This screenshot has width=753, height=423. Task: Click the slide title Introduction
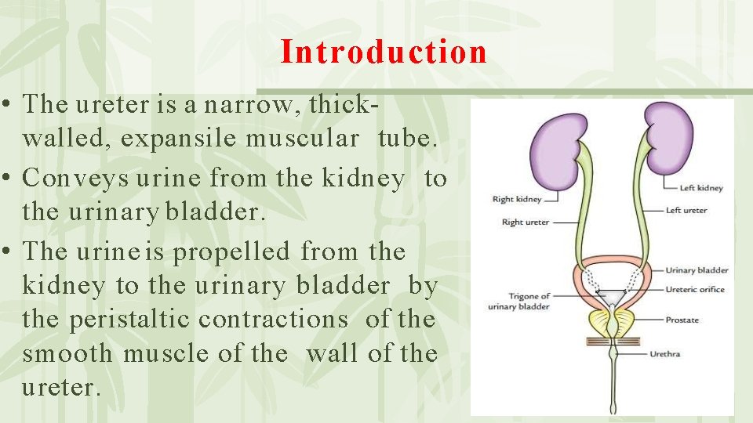(x=384, y=52)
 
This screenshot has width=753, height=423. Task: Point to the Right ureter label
(x=526, y=222)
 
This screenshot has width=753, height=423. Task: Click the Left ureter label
(x=686, y=210)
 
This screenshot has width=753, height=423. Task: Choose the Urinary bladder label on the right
(x=697, y=270)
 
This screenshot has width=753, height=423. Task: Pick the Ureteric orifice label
(x=697, y=290)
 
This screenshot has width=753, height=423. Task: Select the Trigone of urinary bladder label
(x=518, y=302)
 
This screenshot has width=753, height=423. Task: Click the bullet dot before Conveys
(x=6, y=179)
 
